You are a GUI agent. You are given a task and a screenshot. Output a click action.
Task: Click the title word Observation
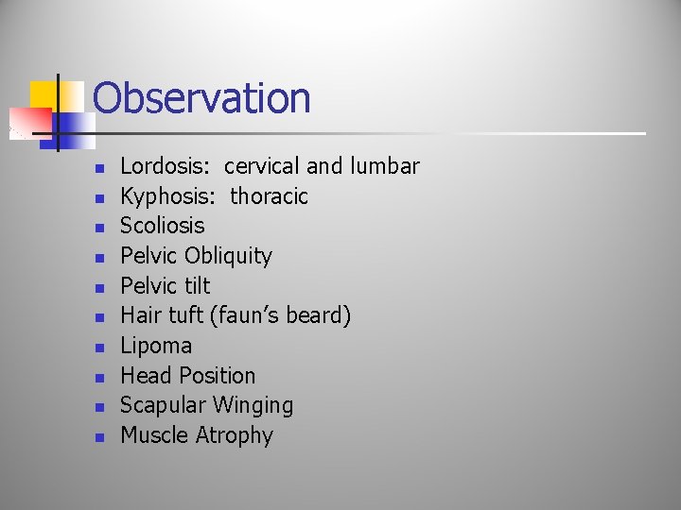pos(202,98)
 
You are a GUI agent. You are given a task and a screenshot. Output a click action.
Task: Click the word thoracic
pos(270,196)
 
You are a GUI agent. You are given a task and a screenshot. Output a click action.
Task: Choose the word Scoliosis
pos(162,226)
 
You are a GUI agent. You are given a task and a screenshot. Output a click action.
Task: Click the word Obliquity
pos(228,256)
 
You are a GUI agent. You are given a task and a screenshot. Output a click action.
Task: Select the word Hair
pos(138,315)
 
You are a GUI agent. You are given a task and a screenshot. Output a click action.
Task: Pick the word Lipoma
pos(156,346)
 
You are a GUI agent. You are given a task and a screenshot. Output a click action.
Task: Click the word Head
pos(143,376)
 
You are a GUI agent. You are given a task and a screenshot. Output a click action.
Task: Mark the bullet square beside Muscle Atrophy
pos(96,437)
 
